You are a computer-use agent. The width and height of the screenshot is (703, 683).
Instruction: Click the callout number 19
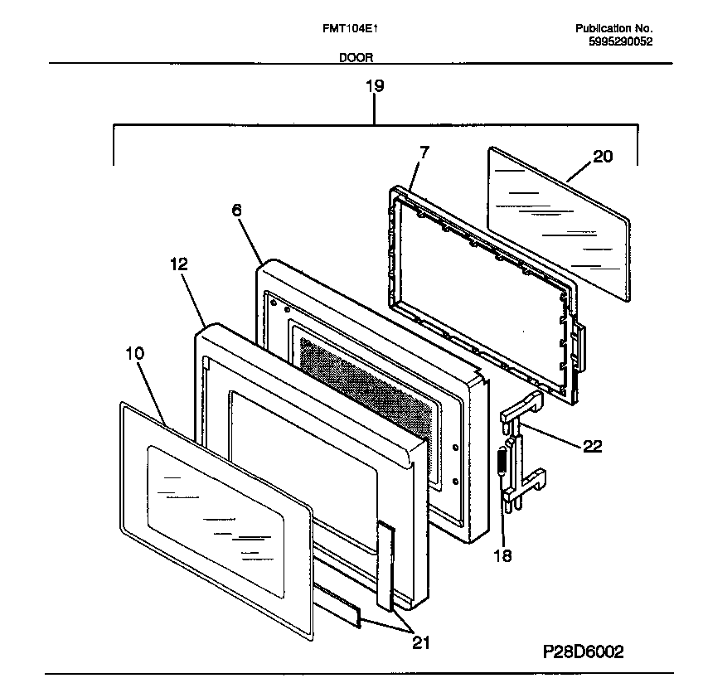click(375, 85)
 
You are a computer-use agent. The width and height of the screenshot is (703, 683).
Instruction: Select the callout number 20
click(603, 156)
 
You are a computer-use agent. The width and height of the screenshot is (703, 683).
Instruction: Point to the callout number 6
click(236, 211)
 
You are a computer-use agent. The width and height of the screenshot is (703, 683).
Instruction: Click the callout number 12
click(179, 264)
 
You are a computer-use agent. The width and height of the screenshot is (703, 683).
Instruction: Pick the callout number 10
click(134, 353)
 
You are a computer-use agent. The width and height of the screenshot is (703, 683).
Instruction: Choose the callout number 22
click(592, 446)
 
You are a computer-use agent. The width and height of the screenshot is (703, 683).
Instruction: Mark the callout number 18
click(502, 555)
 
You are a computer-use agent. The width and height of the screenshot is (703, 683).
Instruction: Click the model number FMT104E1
click(351, 28)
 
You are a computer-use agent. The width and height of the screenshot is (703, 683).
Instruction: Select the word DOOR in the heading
click(356, 58)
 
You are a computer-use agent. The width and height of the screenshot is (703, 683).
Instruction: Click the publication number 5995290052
click(614, 41)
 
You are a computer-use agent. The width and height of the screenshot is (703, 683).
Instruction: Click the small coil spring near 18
click(502, 464)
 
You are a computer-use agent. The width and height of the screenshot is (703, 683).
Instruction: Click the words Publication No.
click(614, 28)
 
